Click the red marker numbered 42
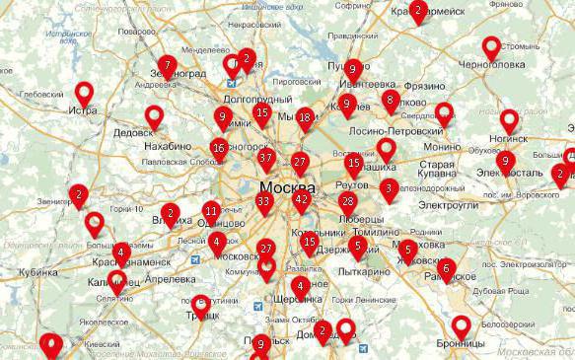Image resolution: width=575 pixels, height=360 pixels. pos(301,200)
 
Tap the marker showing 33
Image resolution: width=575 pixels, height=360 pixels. pos(263,202)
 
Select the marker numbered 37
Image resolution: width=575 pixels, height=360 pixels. pos(265,158)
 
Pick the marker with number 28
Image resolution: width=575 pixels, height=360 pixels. pos(346,202)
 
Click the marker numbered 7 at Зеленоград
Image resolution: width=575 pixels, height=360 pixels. pos(168,67)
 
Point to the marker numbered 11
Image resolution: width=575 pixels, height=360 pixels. pos(211,211)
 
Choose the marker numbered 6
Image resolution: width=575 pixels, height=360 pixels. pos(446,267)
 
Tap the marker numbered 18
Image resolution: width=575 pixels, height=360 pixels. pos(305,118)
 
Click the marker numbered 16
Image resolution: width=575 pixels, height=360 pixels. pos(219,149)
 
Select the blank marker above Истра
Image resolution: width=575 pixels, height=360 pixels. pos(85,93)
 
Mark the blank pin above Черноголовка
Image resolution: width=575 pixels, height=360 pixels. pos(491,46)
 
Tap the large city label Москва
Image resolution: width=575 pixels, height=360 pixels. pos(287,187)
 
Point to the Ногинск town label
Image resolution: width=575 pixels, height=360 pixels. pos(507,138)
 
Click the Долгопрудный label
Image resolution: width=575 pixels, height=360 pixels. pos(257,100)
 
